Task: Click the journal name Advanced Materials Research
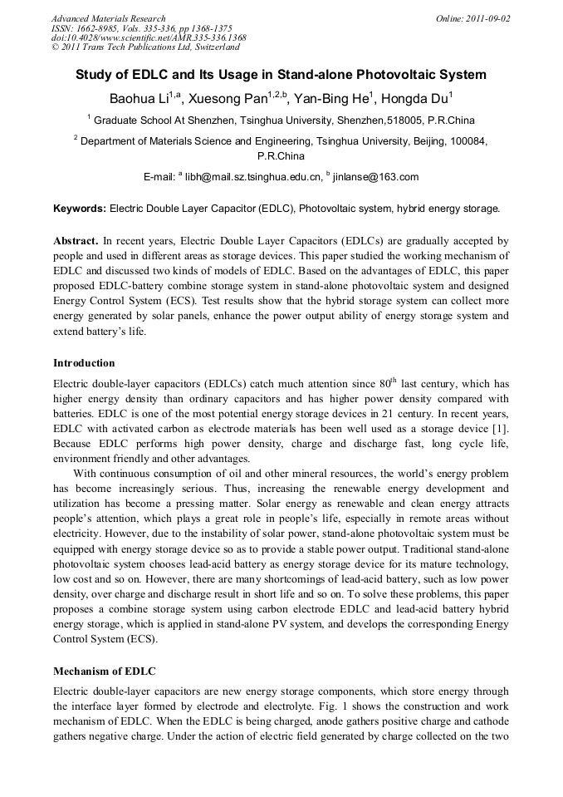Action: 109,18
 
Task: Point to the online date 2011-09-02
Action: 486,18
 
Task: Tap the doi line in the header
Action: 149,38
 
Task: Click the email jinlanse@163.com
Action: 375,177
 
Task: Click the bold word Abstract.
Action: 77,239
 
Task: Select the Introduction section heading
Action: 84,363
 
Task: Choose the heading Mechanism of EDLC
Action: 104,671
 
